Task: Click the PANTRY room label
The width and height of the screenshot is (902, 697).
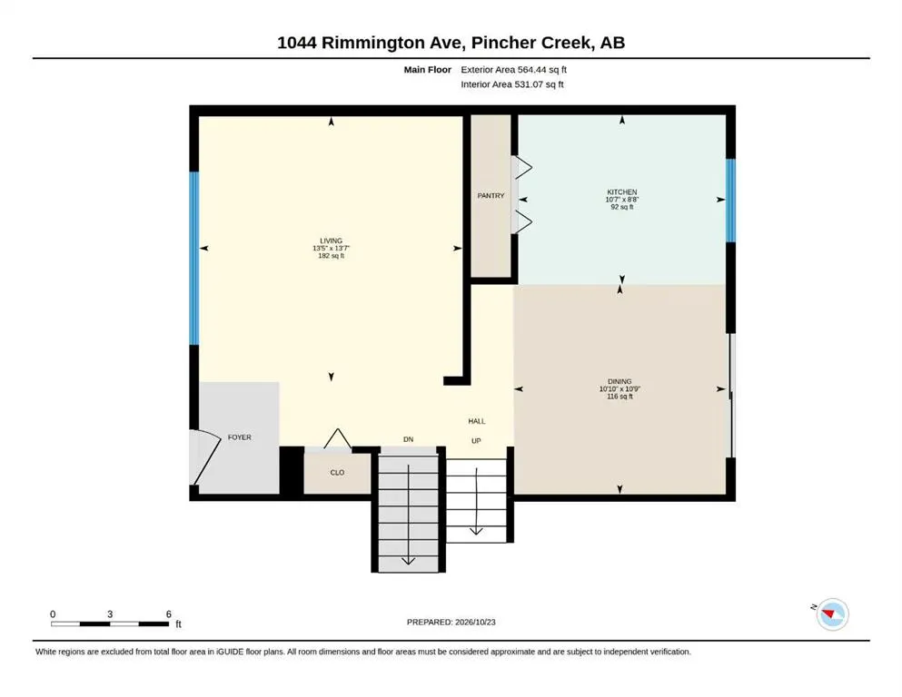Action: click(x=491, y=196)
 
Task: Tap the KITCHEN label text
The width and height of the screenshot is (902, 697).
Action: click(x=622, y=191)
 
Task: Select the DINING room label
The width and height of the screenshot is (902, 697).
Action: click(x=620, y=381)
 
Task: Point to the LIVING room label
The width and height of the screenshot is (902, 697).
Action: click(x=331, y=241)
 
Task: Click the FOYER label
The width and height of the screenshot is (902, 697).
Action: click(x=239, y=437)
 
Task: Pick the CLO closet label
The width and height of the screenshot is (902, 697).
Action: click(x=337, y=472)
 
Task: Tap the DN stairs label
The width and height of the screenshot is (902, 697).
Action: click(x=409, y=439)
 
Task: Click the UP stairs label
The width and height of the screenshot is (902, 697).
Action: click(x=476, y=441)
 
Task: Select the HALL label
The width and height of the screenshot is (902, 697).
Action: click(x=477, y=421)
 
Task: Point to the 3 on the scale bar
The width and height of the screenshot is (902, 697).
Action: click(x=110, y=614)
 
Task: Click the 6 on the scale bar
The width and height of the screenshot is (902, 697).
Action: click(x=169, y=614)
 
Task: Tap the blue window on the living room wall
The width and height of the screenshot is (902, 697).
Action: click(x=194, y=258)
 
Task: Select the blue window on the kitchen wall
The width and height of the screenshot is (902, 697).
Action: click(x=730, y=201)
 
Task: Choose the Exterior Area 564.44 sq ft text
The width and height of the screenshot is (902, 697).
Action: click(x=514, y=70)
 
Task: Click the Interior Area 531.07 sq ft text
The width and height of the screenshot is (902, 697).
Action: click(x=512, y=84)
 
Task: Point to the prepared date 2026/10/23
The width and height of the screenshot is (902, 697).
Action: click(x=475, y=622)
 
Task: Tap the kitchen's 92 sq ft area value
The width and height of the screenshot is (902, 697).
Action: click(x=622, y=207)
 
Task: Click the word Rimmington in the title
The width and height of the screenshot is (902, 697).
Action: click(x=382, y=43)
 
